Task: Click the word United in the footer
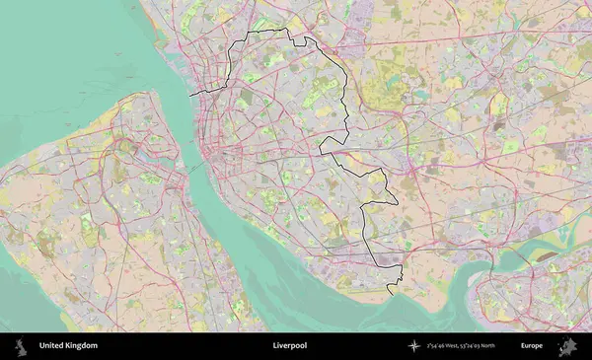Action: [52, 346]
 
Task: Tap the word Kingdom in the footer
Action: [82, 346]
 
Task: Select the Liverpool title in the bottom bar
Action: [289, 346]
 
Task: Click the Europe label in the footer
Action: [532, 346]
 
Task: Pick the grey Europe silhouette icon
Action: [566, 346]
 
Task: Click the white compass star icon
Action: [414, 346]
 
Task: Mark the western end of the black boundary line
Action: [189, 94]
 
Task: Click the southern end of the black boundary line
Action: [389, 294]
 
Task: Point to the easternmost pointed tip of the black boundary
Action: [399, 202]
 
